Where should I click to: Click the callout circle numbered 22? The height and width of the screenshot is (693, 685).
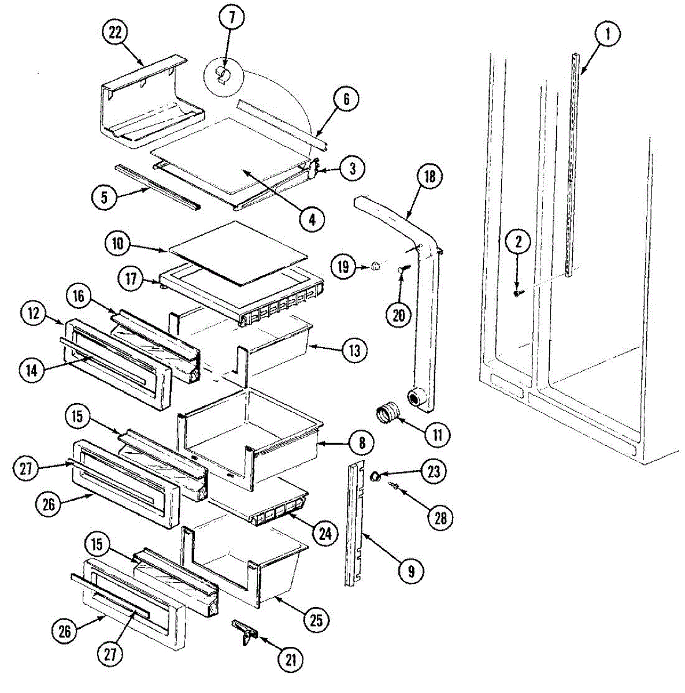click(116, 33)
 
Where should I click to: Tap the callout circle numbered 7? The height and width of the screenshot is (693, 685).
click(231, 18)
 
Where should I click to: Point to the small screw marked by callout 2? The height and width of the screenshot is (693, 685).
click(517, 293)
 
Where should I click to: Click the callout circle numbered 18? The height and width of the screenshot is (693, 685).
click(429, 177)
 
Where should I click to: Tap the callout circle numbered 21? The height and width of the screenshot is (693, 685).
click(291, 659)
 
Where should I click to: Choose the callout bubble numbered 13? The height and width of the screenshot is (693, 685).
click(354, 350)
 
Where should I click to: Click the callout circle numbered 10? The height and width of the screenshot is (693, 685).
click(118, 244)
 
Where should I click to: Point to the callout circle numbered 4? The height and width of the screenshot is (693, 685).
click(312, 219)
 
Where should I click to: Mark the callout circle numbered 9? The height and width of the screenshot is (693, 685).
click(411, 571)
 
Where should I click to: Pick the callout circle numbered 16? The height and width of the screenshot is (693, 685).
click(78, 297)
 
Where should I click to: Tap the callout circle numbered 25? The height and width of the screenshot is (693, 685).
click(316, 621)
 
